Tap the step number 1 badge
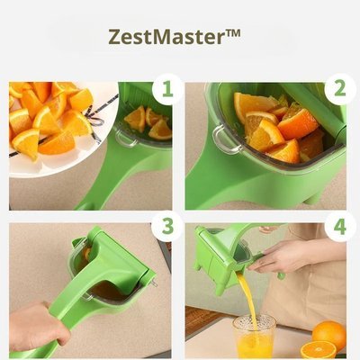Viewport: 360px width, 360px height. tap(163, 89)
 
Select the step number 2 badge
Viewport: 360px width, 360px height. tap(338, 89)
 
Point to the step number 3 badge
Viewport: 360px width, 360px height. tap(163, 225)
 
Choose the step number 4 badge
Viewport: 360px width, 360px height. tap(338, 225)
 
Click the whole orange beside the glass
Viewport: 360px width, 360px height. tap(329, 334)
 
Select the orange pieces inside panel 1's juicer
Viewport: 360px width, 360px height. tap(148, 121)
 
